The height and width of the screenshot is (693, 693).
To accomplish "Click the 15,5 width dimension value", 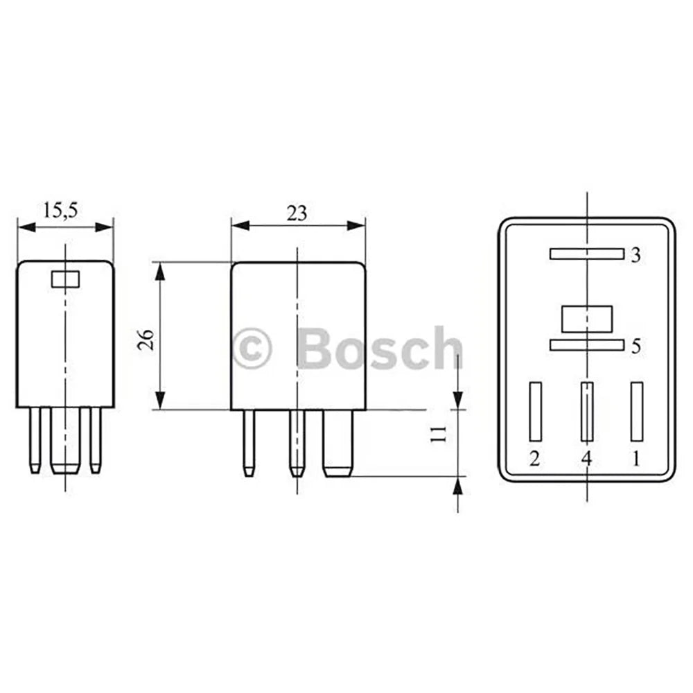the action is [60, 211].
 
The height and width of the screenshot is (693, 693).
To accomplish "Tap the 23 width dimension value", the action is [297, 214].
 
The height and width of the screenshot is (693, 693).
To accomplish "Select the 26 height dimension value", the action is [146, 340].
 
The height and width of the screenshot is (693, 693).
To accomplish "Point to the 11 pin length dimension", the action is [439, 434].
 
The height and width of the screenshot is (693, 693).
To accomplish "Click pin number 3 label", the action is [635, 255].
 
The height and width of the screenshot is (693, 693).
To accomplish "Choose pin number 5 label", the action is [635, 346].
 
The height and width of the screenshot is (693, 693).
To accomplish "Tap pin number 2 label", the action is [534, 459].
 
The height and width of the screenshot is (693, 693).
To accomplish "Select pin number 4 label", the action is [586, 459].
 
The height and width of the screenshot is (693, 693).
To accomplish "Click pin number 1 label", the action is [636, 459].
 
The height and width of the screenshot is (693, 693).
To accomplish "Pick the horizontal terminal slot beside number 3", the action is [587, 254].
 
